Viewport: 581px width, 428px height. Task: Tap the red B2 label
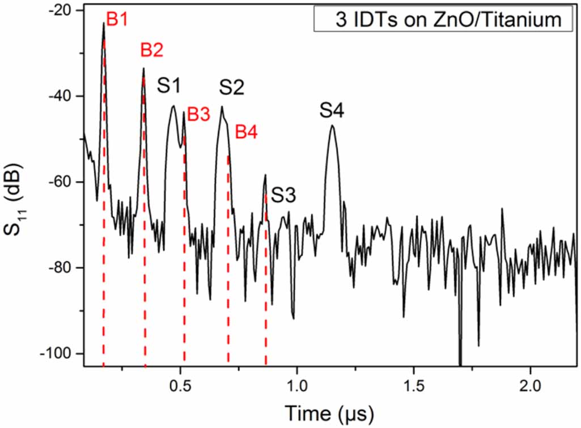click(x=152, y=51)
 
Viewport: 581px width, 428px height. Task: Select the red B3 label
click(x=198, y=114)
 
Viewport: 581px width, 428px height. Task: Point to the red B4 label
click(x=246, y=132)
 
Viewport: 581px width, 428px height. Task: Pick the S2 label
click(x=231, y=87)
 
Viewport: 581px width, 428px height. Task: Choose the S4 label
click(x=332, y=110)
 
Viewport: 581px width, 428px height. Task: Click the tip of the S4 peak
click(x=332, y=126)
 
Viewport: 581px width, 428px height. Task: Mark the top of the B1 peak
click(x=104, y=23)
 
